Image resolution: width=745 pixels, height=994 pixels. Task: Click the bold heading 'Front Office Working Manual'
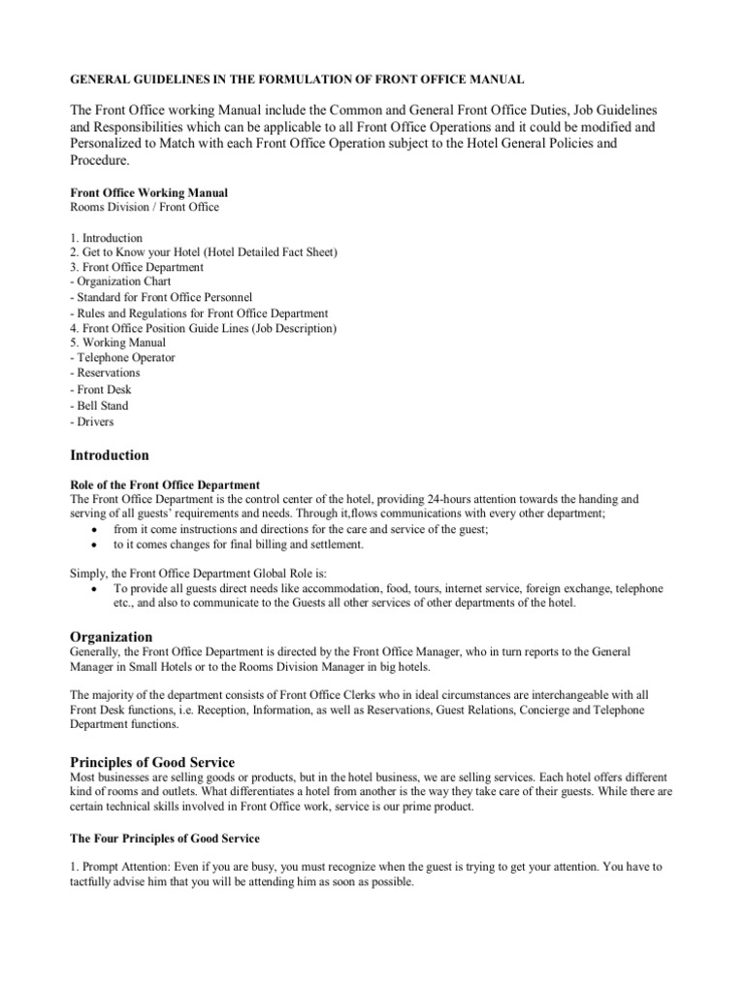tap(148, 193)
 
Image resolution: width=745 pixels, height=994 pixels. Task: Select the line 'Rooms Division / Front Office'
tap(145, 207)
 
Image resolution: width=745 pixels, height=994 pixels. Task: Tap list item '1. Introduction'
tap(107, 238)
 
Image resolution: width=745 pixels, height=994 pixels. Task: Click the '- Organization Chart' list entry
tap(121, 282)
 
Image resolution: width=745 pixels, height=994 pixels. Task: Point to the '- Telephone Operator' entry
tap(122, 357)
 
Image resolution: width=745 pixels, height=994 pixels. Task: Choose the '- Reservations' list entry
tap(105, 373)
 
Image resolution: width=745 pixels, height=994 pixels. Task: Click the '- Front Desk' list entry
tap(101, 389)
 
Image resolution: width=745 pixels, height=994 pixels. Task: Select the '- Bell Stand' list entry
tap(99, 406)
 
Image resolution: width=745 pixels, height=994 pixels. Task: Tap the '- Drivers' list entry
tap(92, 421)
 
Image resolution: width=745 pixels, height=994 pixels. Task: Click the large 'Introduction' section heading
tap(110, 455)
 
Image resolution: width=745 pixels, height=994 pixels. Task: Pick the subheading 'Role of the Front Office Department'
tap(165, 484)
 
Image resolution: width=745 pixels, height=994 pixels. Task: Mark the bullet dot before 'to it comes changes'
tap(92, 545)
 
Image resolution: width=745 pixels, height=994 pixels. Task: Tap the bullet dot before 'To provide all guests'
tap(92, 589)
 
